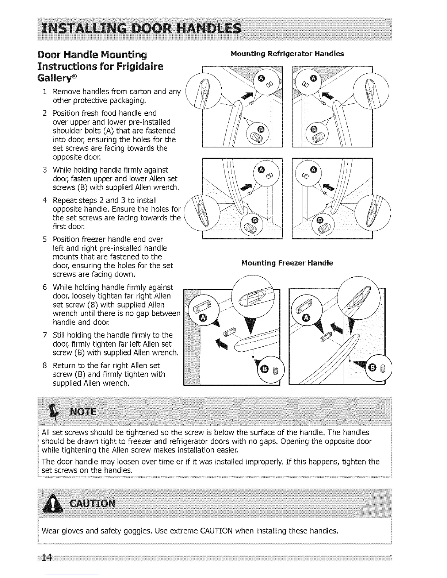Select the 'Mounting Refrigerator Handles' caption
tap(287, 54)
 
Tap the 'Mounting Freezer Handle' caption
tap(287, 263)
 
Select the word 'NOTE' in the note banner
tap(83, 412)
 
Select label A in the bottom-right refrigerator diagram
tap(314, 170)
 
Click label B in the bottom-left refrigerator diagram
tap(255, 220)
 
